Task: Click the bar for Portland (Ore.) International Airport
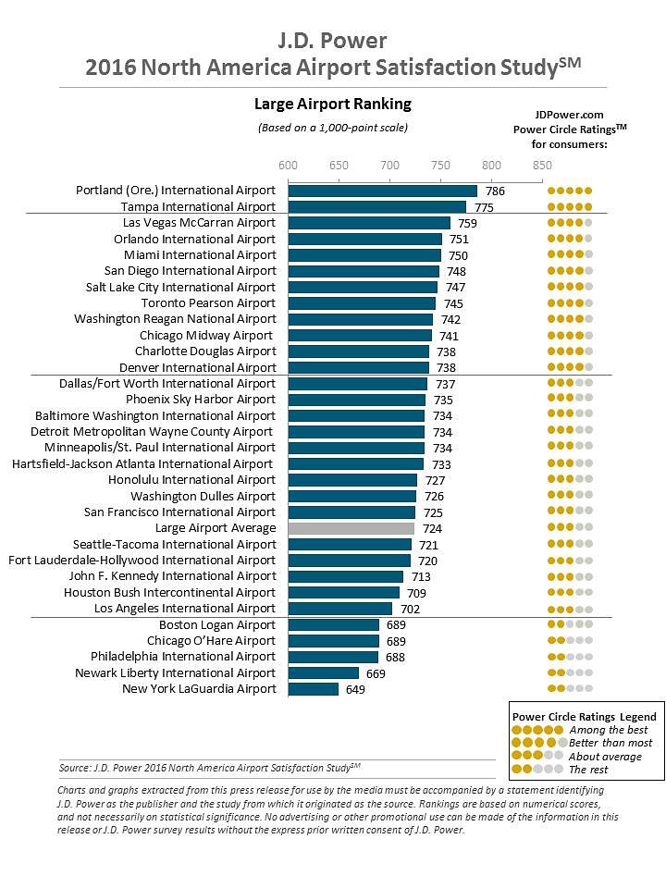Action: (x=382, y=191)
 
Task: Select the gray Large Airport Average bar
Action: (x=351, y=528)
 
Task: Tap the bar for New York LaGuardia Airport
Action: (x=313, y=689)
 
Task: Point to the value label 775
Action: (x=485, y=207)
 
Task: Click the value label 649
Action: (x=356, y=689)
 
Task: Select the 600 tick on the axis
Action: (x=289, y=165)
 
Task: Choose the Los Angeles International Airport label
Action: (x=185, y=609)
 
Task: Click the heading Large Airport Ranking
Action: (x=332, y=104)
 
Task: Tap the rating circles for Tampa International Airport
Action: (x=569, y=207)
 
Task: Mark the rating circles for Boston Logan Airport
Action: (x=569, y=625)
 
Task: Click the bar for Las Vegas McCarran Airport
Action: (x=369, y=223)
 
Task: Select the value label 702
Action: (x=410, y=609)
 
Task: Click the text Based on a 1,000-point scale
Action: (x=332, y=128)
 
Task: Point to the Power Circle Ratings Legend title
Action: (x=584, y=716)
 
